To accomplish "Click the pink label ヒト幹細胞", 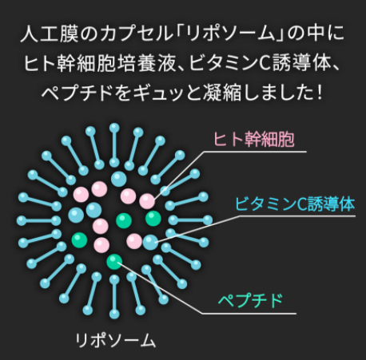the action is click(x=254, y=139).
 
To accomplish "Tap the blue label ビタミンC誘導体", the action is click(x=295, y=204).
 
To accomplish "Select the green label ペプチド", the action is click(x=250, y=301).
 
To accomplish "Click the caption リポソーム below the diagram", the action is click(x=115, y=341).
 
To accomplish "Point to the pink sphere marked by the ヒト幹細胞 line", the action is click(x=147, y=201).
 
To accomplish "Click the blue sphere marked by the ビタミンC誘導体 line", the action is click(x=150, y=243).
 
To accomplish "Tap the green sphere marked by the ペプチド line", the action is click(x=114, y=262).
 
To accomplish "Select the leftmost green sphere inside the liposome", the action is click(x=79, y=239).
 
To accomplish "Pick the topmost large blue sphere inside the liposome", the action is click(x=119, y=179).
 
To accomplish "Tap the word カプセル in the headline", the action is click(x=137, y=34).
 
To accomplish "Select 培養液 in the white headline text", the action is click(x=153, y=63).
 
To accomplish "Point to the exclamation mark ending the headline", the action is click(x=320, y=93).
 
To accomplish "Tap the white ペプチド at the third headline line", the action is click(x=77, y=93).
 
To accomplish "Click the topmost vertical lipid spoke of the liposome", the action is click(x=114, y=145).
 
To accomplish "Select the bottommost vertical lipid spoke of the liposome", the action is click(x=114, y=297).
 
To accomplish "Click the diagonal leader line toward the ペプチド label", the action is click(x=160, y=288).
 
